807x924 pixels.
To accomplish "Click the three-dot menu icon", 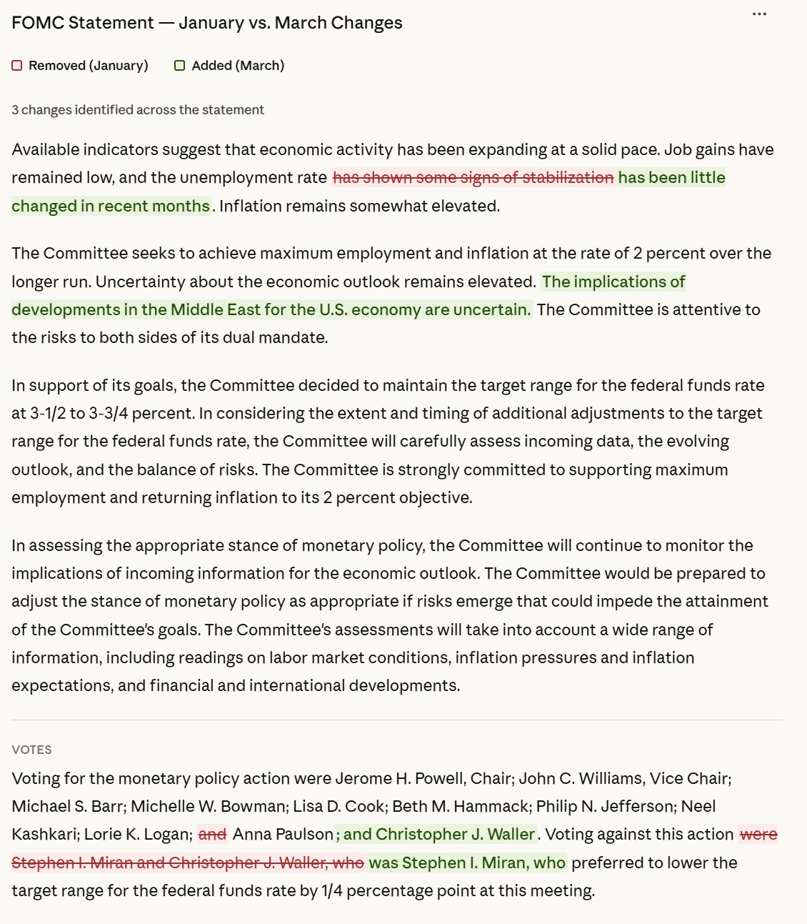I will coord(759,14).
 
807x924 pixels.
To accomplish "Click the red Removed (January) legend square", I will coord(17,66).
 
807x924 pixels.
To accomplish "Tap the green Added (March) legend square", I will coord(180,66).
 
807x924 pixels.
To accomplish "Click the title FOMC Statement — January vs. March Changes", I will coord(207,23).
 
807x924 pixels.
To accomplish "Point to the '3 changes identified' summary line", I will coord(138,110).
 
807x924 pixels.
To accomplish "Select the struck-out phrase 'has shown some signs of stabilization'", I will coord(473,178).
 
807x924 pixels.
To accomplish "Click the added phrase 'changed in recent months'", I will coord(111,207).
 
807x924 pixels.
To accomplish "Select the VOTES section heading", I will coord(31,750).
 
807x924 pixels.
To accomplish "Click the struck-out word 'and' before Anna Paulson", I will coord(212,835).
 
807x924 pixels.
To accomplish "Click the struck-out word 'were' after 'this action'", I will coord(758,835).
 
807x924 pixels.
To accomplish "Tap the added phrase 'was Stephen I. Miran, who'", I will coord(467,863).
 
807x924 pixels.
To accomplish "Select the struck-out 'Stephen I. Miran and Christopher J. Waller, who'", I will coord(188,863).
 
